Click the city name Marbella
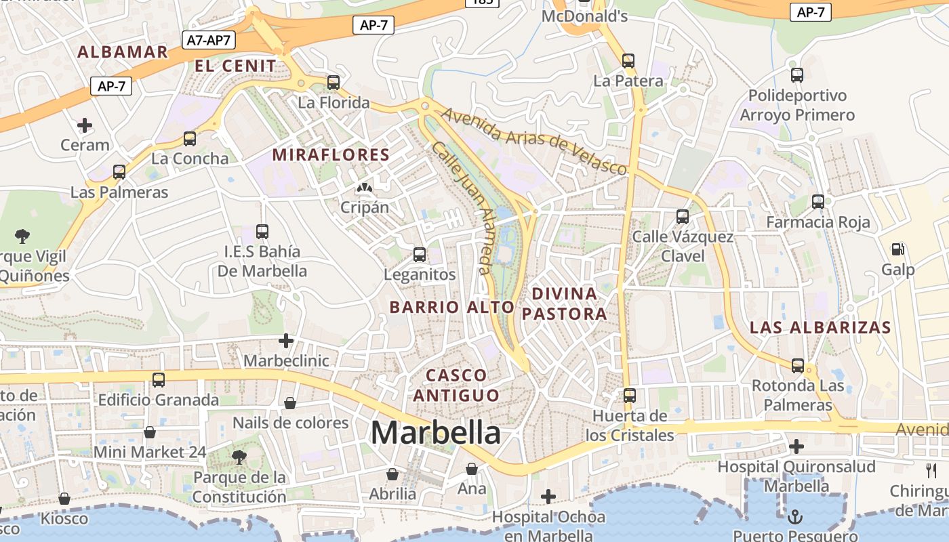tap(436, 433)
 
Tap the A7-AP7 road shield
tap(209, 40)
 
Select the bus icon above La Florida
tap(333, 83)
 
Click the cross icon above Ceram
tap(85, 125)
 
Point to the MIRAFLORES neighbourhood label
tap(331, 155)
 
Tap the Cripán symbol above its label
tap(364, 188)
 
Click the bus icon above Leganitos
tap(420, 255)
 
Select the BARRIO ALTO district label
tap(452, 307)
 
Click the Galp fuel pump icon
tap(898, 249)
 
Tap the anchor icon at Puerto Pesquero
tap(795, 518)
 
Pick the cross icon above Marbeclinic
tap(286, 340)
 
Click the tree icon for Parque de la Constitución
tap(239, 457)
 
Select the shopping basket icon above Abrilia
tap(392, 474)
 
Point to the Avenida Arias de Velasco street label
tap(534, 142)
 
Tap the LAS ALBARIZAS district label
tap(820, 328)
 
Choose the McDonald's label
tap(585, 16)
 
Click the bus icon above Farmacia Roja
tap(818, 201)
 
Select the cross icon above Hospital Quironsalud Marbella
tap(796, 446)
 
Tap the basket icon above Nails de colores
tap(290, 403)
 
